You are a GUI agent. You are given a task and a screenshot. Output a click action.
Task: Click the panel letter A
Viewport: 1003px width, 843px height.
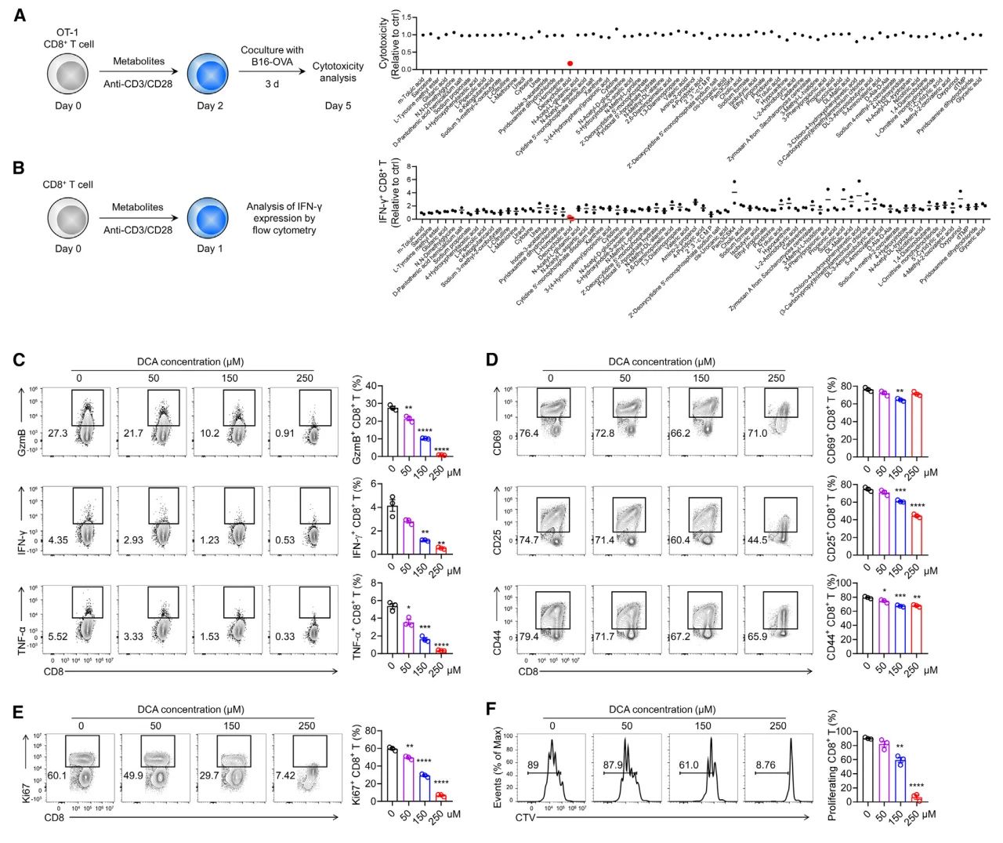[20, 14]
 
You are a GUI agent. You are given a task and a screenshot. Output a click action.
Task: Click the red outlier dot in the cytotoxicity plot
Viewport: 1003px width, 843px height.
[570, 64]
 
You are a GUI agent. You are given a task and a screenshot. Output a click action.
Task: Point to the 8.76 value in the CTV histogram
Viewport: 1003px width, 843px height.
[766, 765]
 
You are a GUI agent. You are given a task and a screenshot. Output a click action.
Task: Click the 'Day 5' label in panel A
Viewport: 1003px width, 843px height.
[338, 105]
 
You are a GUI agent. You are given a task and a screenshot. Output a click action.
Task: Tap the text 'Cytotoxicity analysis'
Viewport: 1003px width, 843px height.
[338, 72]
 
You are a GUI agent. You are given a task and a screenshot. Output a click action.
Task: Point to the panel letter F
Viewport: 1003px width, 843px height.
[491, 710]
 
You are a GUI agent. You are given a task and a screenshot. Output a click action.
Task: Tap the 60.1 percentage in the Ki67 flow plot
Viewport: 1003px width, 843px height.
[56, 776]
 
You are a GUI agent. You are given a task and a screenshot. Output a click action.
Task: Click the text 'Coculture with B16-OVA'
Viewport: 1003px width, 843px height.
[272, 56]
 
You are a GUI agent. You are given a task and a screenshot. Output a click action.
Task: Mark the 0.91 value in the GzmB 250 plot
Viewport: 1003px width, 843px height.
[284, 433]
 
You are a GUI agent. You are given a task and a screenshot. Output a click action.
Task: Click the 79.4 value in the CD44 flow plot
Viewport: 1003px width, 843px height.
[529, 637]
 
